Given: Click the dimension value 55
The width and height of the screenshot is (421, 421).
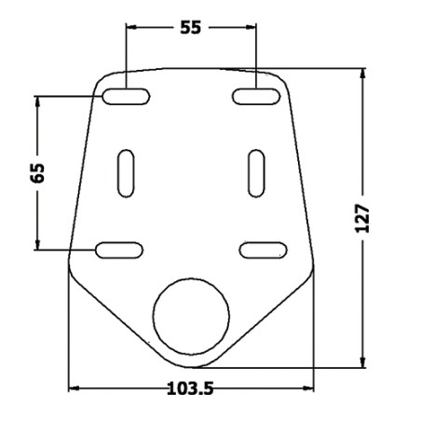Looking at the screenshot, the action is click(x=191, y=27).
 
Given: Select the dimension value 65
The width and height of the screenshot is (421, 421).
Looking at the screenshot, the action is click(x=37, y=172).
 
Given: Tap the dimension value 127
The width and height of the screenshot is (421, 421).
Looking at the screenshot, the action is click(x=362, y=218).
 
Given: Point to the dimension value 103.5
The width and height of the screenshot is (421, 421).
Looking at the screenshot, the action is click(x=190, y=388).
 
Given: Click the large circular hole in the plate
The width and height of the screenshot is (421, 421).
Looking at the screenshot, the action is click(x=191, y=317).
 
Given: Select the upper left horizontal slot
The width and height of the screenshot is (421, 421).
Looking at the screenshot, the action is click(x=126, y=96).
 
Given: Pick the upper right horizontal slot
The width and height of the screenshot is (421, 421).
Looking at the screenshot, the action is click(x=256, y=96).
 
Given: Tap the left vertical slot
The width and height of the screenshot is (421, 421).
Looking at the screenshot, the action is click(x=126, y=173).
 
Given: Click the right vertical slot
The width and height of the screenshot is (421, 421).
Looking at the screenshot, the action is click(x=256, y=173).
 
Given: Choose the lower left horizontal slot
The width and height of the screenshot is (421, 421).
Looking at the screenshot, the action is click(x=119, y=250).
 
